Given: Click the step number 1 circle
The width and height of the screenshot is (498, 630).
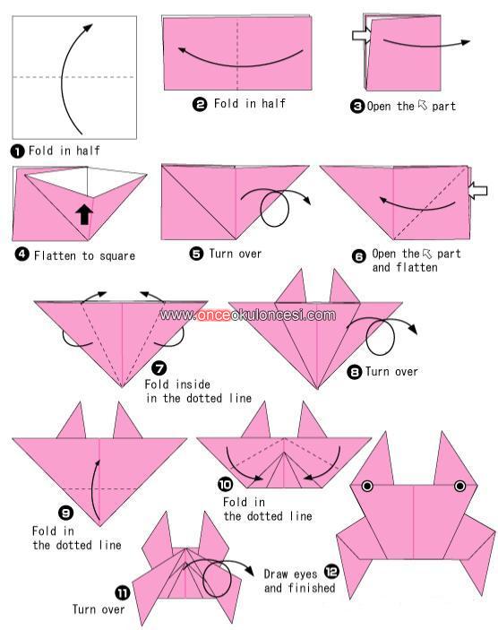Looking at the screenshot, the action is pyautogui.click(x=17, y=151).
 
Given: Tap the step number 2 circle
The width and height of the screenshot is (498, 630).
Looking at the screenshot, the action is pyautogui.click(x=200, y=105).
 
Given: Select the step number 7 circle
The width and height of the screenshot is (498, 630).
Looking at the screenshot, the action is pyautogui.click(x=159, y=368).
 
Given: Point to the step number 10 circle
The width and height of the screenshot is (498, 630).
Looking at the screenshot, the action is pyautogui.click(x=225, y=484).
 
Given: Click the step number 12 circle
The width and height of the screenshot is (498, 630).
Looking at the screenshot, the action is pyautogui.click(x=331, y=572).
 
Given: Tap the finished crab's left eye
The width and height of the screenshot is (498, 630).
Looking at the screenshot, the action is pyautogui.click(x=367, y=486).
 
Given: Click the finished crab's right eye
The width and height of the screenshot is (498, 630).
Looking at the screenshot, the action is pyautogui.click(x=459, y=486).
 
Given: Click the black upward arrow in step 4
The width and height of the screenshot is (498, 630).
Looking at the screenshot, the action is pyautogui.click(x=84, y=214).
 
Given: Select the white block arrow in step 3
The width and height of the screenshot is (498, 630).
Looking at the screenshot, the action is pyautogui.click(x=362, y=35).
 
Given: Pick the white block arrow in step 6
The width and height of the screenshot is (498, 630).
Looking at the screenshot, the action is pyautogui.click(x=478, y=191).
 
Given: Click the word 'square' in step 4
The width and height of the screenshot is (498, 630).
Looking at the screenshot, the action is pyautogui.click(x=117, y=256).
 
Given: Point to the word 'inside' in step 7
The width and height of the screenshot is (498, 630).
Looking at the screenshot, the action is pyautogui.click(x=193, y=384).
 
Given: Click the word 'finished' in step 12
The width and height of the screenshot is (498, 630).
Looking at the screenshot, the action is pyautogui.click(x=312, y=588).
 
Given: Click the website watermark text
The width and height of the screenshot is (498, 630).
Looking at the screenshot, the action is pyautogui.click(x=247, y=315).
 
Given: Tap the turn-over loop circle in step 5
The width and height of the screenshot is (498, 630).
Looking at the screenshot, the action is pyautogui.click(x=275, y=208).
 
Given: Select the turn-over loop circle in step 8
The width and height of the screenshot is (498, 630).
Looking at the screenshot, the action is pyautogui.click(x=381, y=337).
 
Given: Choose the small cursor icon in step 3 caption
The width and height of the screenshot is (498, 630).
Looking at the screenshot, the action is pyautogui.click(x=423, y=105).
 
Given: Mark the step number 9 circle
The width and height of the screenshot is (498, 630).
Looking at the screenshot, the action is pyautogui.click(x=66, y=513).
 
